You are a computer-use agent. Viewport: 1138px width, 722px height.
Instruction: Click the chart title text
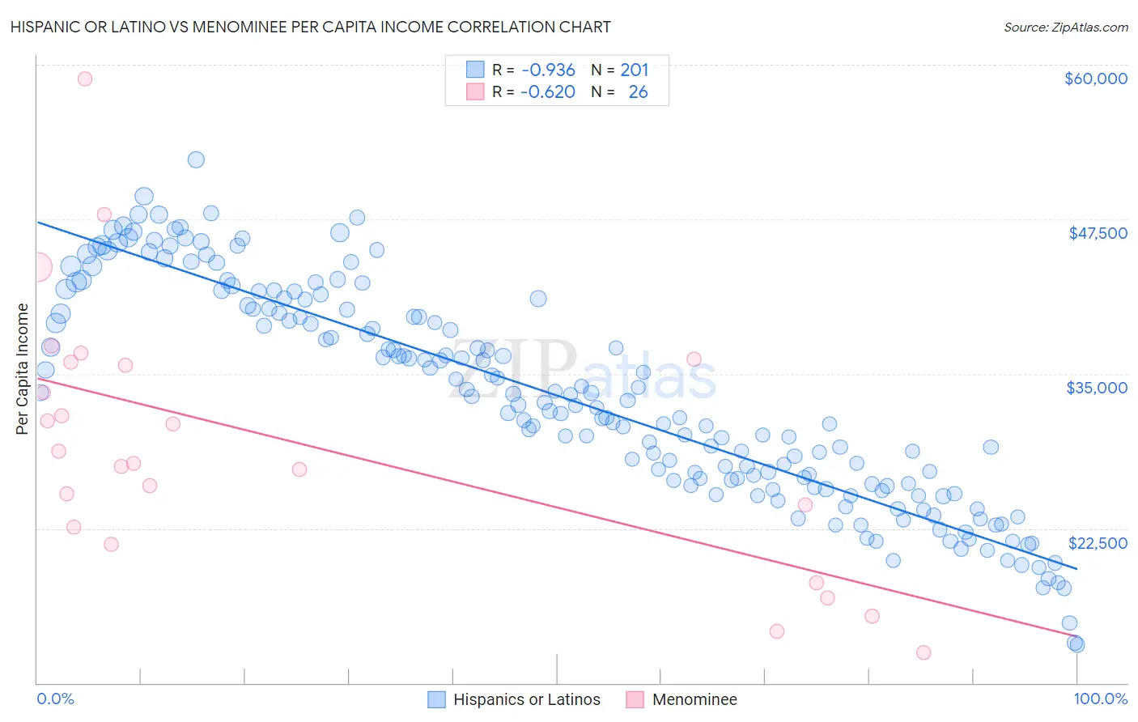click(x=310, y=27)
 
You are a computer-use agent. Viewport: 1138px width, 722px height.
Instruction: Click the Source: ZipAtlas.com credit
click(x=1065, y=27)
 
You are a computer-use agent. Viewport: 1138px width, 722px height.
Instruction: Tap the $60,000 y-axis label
click(x=1095, y=79)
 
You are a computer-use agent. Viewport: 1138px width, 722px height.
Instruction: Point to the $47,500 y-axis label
click(x=1098, y=233)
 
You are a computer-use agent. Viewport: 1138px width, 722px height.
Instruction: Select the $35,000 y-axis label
click(x=1097, y=388)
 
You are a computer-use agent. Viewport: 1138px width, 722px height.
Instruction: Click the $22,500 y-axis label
click(x=1098, y=542)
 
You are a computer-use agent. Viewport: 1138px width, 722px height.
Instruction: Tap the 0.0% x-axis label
click(x=55, y=699)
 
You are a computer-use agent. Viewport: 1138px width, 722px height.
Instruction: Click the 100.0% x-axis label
click(x=1100, y=699)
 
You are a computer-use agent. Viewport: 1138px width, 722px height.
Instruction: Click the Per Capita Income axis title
click(x=23, y=368)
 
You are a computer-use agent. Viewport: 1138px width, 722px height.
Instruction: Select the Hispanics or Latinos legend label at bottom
click(x=526, y=699)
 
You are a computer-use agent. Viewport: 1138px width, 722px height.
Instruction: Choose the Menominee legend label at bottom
click(x=694, y=699)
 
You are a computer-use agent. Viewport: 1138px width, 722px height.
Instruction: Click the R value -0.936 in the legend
click(x=548, y=70)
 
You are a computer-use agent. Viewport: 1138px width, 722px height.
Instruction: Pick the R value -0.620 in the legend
click(x=548, y=91)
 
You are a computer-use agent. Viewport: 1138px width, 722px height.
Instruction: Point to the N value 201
click(x=635, y=70)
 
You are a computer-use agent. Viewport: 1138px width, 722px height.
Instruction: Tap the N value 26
click(x=638, y=91)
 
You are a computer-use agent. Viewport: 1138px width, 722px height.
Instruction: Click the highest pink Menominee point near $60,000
click(x=85, y=79)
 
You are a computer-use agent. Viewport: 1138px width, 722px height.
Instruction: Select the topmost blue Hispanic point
click(x=196, y=159)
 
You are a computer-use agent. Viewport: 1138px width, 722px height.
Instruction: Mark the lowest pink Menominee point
click(x=924, y=652)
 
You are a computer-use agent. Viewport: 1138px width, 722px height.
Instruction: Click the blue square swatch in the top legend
click(x=475, y=70)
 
